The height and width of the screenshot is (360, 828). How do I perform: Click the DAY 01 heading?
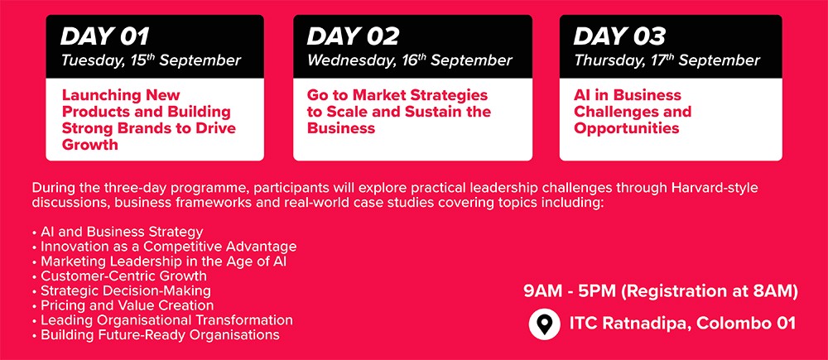coord(104,36)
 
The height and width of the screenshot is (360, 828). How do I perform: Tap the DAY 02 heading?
coord(353,36)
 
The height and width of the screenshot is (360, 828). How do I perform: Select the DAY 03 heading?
coord(619,36)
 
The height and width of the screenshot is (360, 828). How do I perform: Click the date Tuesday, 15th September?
coord(151,60)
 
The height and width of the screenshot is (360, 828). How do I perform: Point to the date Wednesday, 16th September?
coord(410,60)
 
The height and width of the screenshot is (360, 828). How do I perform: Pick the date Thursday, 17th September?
coord(667,60)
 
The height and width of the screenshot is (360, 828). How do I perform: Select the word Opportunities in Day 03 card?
coord(626,129)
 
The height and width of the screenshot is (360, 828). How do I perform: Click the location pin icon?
coord(545,323)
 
